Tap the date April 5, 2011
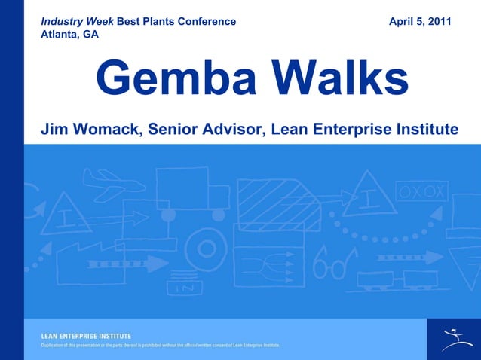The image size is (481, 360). coord(420,21)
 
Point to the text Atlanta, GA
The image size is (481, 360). coord(69,34)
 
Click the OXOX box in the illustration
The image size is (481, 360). coord(422,191)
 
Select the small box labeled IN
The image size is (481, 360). coord(185,287)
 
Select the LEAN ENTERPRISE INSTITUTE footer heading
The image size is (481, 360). coord(86,335)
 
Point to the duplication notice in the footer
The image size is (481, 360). coord(160,345)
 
